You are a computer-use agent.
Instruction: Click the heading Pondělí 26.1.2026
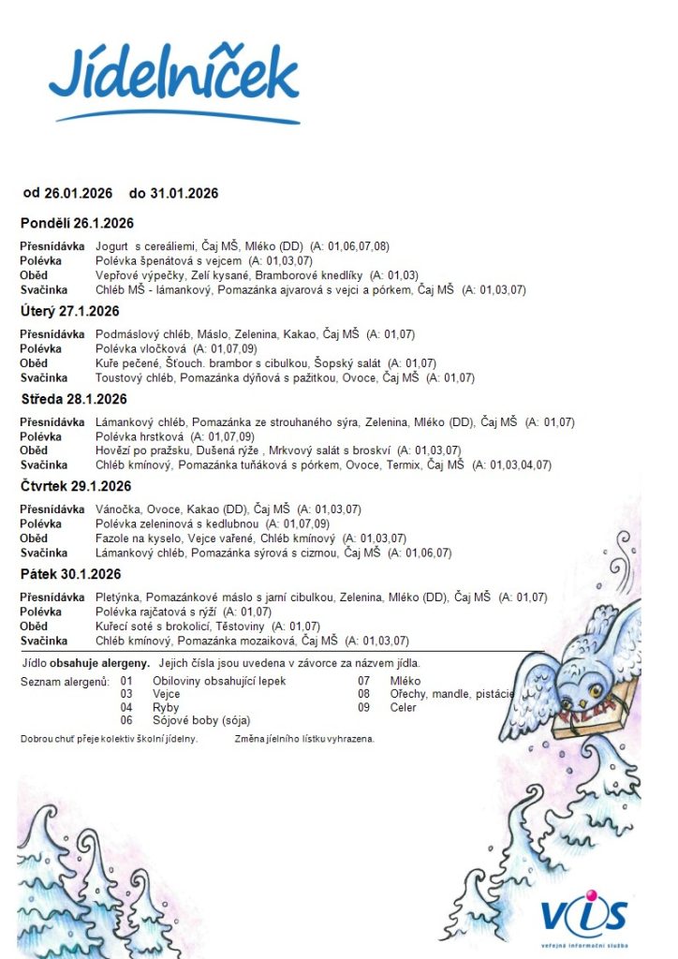77,223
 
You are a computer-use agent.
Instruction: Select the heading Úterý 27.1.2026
70,311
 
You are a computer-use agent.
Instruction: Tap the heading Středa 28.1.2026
73,399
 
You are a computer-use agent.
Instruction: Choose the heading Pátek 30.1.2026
70,574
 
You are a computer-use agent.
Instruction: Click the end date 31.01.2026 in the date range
184,193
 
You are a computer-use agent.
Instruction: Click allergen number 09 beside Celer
364,707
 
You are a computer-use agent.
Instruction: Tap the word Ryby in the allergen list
166,707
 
